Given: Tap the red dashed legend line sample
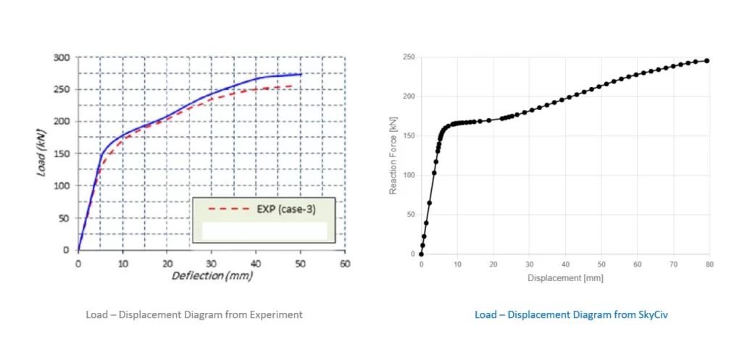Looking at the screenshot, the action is coord(228,209).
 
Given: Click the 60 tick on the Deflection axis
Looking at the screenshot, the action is coord(346,264).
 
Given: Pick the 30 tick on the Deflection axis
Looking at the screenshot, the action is coord(212,264).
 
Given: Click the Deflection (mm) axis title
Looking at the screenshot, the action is coord(212,276).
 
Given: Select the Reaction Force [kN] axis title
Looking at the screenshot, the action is coord(392,156).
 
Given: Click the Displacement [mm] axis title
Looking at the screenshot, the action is coord(565,278).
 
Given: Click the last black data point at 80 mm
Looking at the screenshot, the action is coord(707,61).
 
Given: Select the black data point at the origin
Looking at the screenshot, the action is coord(421,254).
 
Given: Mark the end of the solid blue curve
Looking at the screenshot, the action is coord(301,74).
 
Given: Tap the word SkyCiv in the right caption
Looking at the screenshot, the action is coord(654,314).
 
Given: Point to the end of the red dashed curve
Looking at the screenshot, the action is coord(291,85).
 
